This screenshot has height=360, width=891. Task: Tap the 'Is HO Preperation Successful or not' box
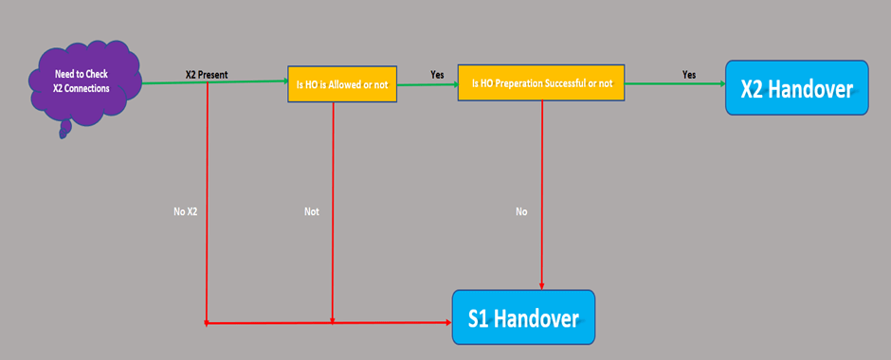point(541,83)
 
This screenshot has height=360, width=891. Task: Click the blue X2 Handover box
point(796,88)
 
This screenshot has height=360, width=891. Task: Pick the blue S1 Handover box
point(522,317)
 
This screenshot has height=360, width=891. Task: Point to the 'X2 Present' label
point(206,74)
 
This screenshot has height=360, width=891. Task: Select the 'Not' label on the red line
point(311,211)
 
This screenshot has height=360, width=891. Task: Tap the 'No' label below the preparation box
point(521,211)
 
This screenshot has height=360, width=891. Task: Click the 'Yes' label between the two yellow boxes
point(437,74)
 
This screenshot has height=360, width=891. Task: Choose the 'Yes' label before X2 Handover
point(689,74)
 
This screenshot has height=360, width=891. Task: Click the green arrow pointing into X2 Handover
point(675,83)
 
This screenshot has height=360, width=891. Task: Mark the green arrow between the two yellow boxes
point(427,84)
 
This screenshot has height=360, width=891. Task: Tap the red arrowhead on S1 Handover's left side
point(445,323)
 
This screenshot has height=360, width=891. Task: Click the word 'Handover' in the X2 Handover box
point(814,88)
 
